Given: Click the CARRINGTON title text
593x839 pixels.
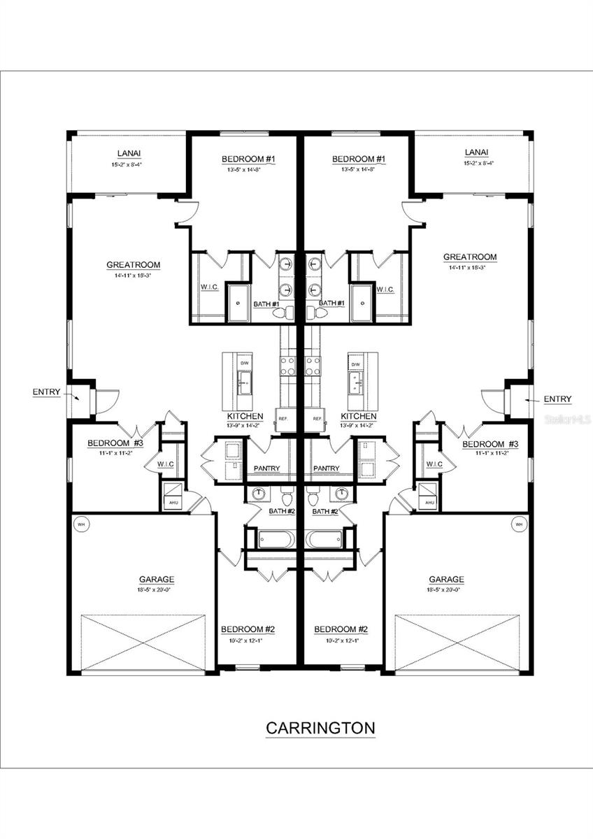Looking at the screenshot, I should (320, 728).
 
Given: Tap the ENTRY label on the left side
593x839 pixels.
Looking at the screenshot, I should (46, 392).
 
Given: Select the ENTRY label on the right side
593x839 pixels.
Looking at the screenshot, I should (557, 399).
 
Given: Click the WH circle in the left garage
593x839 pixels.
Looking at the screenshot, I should (80, 524).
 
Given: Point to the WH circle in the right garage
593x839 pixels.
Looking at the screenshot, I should (518, 524).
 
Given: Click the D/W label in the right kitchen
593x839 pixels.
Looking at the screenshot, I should (355, 364).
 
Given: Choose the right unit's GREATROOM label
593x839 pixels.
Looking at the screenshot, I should (470, 257).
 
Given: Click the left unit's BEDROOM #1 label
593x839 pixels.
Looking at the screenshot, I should (248, 159).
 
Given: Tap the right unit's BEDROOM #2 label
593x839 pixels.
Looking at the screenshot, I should (341, 629).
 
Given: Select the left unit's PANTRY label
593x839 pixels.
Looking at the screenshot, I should (266, 468).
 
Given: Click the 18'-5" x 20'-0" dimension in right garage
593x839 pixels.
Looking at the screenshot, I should (446, 590).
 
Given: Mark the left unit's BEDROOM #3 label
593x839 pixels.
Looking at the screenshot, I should (115, 443).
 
